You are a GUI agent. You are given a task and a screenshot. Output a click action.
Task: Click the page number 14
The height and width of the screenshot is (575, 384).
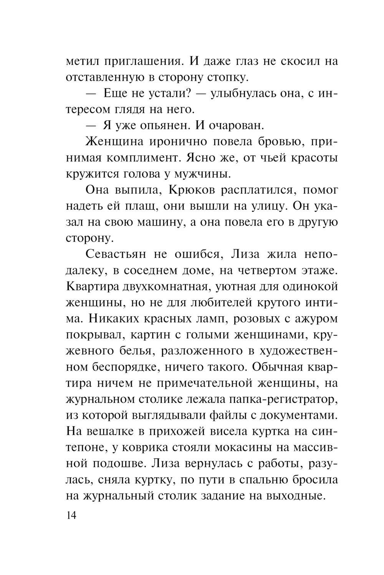point(72,515)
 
